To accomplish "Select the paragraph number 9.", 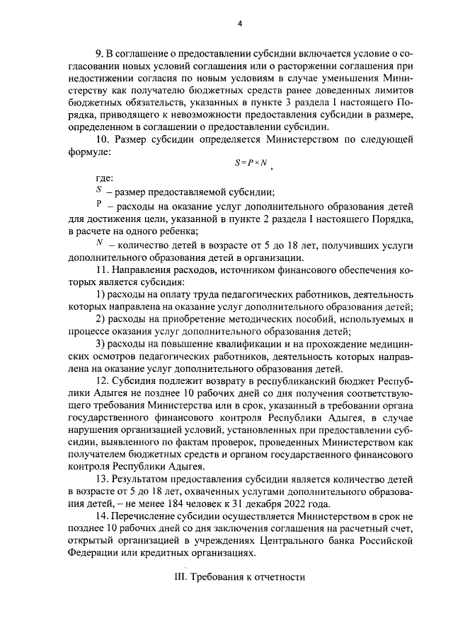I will pos(98,55).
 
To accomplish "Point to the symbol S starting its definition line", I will pos(98,191).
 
